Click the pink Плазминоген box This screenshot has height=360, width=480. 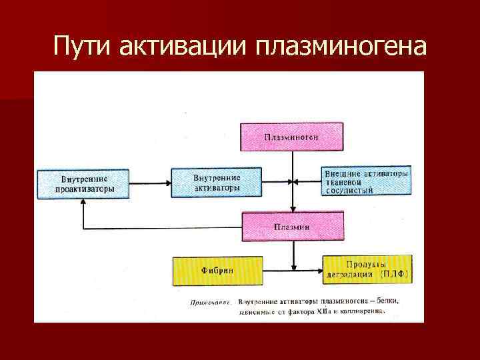(291, 137)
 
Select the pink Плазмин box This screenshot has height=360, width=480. (291, 226)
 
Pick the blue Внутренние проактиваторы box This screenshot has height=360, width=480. (82, 183)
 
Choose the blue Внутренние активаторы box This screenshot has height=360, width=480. (216, 183)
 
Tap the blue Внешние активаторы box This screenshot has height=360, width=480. (365, 181)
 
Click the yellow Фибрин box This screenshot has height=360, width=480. (216, 271)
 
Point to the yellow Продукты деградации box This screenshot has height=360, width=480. (366, 269)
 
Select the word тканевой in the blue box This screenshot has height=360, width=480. (345, 182)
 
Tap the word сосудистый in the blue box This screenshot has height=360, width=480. (349, 190)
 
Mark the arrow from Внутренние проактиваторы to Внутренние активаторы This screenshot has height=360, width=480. (149, 182)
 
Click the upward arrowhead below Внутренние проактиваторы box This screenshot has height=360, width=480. (83, 205)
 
